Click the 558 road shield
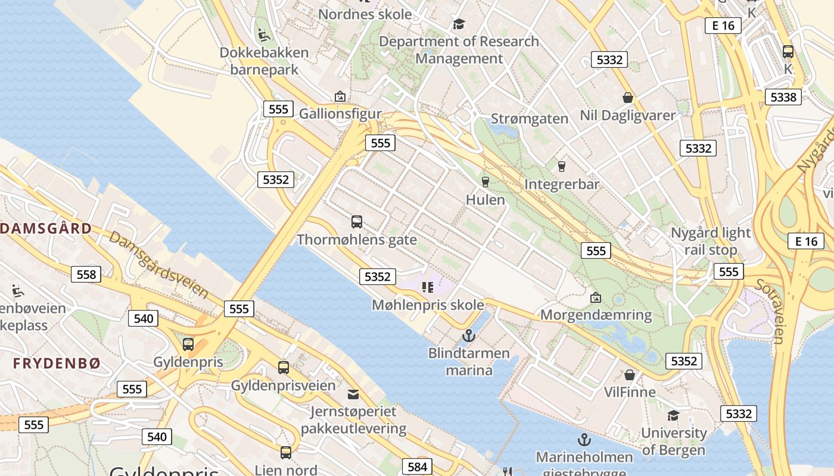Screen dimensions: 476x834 (x=86, y=274)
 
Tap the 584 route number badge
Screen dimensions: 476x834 (x=417, y=467)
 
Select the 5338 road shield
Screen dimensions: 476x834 (x=783, y=97)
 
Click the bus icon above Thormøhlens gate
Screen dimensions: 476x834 (x=357, y=222)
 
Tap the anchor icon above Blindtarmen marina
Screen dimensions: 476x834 (x=469, y=336)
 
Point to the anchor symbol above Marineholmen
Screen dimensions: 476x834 (x=584, y=440)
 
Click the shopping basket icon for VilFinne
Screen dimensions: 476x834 (x=630, y=375)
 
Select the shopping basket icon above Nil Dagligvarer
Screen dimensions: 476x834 (x=628, y=98)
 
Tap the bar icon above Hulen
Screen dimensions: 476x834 (x=486, y=182)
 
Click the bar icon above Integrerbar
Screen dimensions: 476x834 (x=561, y=167)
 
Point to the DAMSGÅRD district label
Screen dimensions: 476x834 (x=46, y=228)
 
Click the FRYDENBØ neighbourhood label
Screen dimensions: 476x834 (x=57, y=363)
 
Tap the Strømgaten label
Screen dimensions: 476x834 (x=530, y=118)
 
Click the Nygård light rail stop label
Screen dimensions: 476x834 (x=711, y=241)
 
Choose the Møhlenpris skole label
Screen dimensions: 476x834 (x=428, y=305)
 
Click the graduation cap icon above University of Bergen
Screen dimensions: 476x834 (x=673, y=415)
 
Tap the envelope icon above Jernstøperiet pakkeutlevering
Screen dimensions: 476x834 (x=353, y=394)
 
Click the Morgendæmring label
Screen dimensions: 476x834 (x=596, y=315)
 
